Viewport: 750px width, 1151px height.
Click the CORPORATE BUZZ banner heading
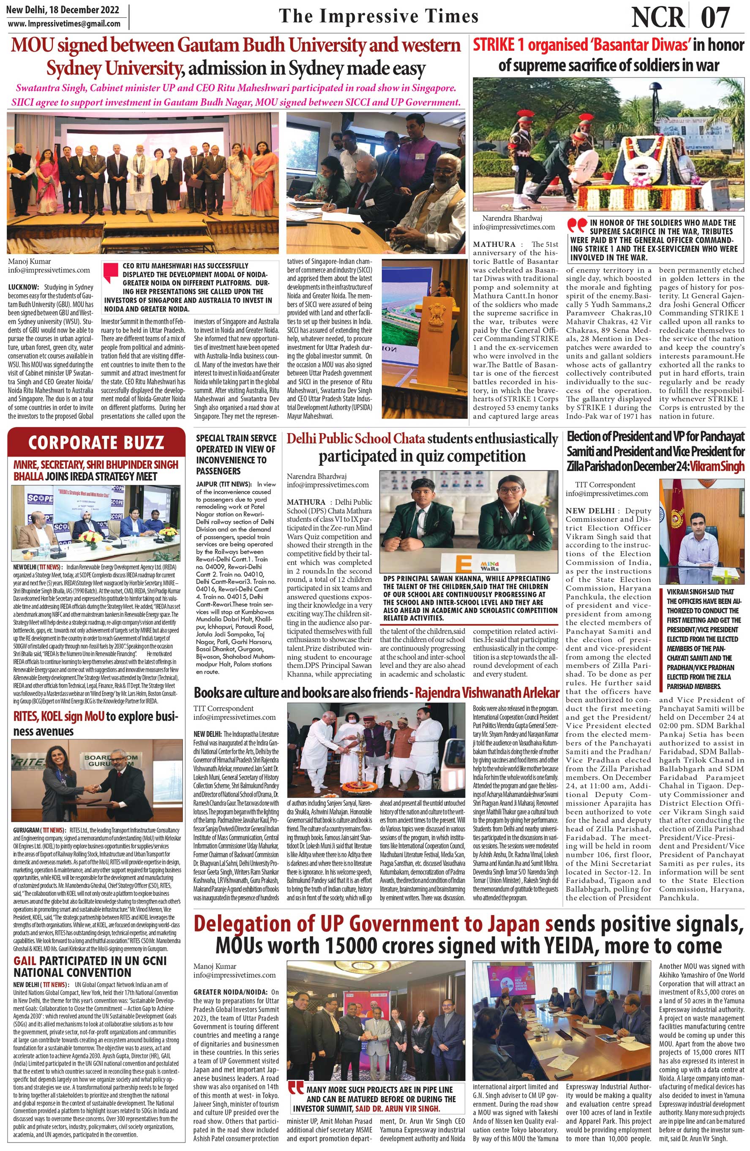coord(96,443)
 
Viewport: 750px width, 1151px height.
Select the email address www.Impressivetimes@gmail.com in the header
coord(64,24)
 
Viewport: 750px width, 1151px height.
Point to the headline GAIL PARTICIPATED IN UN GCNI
coord(90,959)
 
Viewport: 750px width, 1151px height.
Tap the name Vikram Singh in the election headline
coord(717,466)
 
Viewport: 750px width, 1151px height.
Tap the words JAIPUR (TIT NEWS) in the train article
coord(224,484)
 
